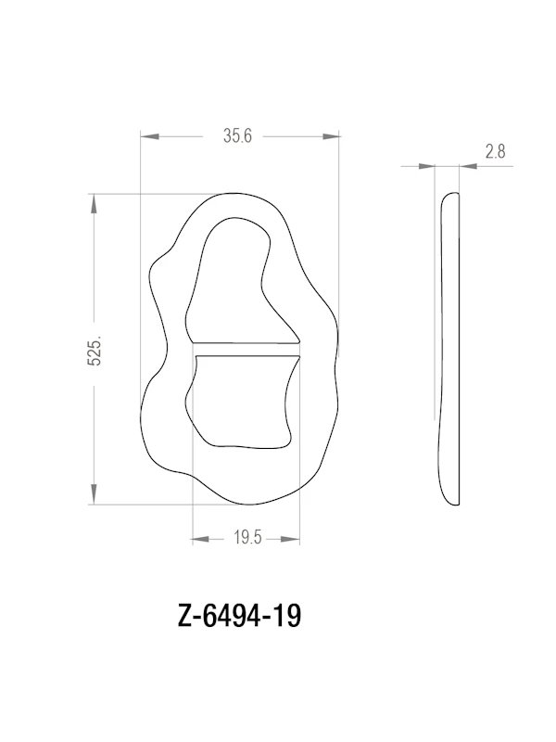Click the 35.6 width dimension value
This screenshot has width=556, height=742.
(x=238, y=135)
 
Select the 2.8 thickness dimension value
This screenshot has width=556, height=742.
(x=494, y=153)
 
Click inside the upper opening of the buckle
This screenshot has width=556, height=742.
(x=233, y=278)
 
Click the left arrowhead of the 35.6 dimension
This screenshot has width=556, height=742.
(x=151, y=136)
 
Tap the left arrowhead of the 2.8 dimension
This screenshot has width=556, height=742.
(x=427, y=167)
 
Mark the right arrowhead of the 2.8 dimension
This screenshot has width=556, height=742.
(x=467, y=167)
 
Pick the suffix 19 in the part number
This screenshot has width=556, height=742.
(x=289, y=616)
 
